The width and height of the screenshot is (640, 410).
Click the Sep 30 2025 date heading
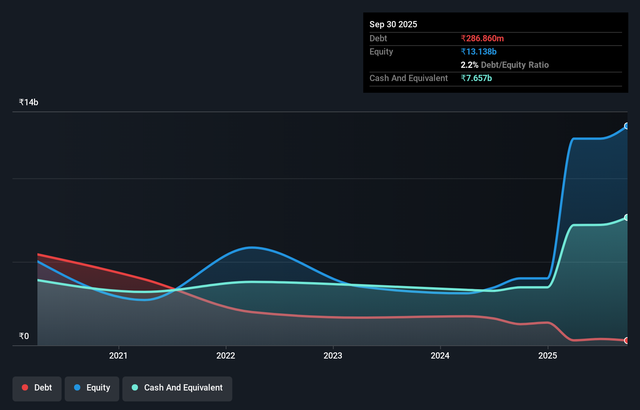(393, 25)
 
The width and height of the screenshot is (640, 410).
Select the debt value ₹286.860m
(482, 39)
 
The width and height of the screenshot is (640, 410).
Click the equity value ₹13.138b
(478, 52)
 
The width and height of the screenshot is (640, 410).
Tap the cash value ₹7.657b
(476, 78)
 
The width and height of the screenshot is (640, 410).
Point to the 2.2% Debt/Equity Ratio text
(504, 65)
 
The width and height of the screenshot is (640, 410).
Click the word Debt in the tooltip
(378, 39)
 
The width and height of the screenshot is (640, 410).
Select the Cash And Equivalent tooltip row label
(408, 78)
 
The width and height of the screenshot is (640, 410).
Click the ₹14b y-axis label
(28, 102)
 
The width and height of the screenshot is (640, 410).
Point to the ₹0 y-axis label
(24, 336)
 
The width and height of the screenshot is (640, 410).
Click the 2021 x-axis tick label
(118, 356)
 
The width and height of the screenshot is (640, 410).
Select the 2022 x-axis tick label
(226, 356)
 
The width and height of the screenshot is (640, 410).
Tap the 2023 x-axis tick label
(333, 356)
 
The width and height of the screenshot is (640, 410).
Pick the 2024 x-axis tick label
(440, 356)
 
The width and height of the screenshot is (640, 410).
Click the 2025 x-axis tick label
(548, 356)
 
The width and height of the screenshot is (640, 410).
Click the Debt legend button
(37, 388)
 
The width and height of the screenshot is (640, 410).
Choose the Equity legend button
(92, 388)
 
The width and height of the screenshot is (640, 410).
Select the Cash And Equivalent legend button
(177, 388)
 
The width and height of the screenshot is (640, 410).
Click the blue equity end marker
(627, 126)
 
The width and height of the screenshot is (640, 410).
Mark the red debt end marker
(627, 341)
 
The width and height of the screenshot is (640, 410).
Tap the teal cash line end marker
(627, 217)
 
